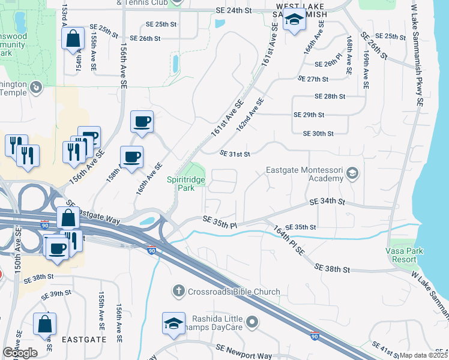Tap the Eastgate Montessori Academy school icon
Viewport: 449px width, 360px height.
(352, 174)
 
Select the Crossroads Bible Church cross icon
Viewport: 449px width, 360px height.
(178, 292)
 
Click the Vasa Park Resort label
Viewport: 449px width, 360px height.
(402, 254)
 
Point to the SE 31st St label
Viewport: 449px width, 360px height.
(234, 154)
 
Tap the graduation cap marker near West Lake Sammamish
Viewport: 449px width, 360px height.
(294, 22)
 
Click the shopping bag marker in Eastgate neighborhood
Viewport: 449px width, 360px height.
(44, 324)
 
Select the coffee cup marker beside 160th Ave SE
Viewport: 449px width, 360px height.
(131, 157)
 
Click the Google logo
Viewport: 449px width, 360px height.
(20, 353)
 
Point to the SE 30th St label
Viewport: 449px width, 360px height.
(318, 133)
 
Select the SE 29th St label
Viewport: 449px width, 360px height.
(309, 115)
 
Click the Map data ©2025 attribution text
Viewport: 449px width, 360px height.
(423, 355)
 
